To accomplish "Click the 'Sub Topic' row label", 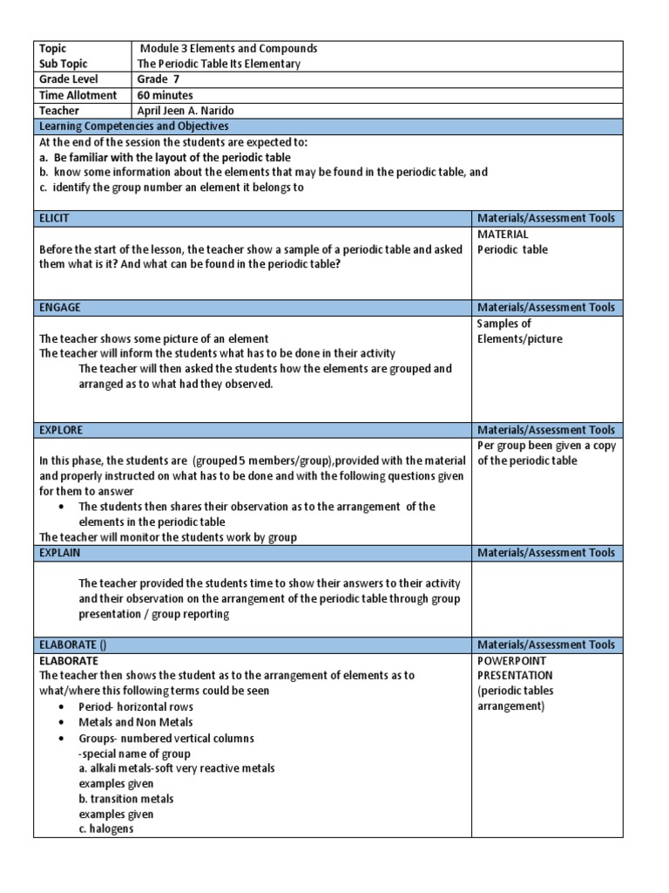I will [x=64, y=64].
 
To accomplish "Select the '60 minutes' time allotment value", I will [x=166, y=95].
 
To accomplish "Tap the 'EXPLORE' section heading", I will [x=61, y=430].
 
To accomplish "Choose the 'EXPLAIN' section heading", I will [x=60, y=552].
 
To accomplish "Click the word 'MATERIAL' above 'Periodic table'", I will [x=503, y=235].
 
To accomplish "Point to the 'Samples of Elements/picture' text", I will [x=519, y=331].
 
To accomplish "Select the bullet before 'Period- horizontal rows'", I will [x=61, y=707].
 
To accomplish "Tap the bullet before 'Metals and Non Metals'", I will [x=61, y=723].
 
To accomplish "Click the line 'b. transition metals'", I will [x=125, y=799].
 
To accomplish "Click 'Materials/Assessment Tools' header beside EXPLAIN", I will [x=546, y=552].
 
